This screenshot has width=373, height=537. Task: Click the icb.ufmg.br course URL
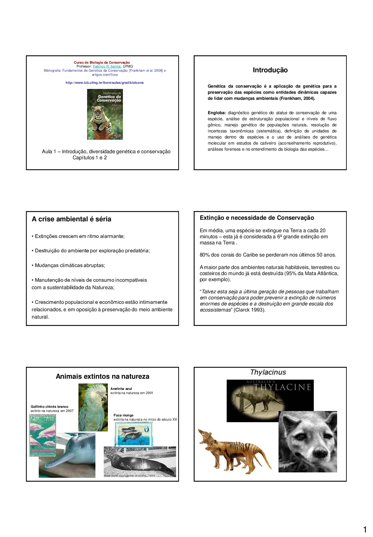pyautogui.click(x=104, y=83)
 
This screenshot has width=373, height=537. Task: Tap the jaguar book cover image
pyautogui.click(x=105, y=114)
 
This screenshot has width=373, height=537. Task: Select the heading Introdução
pyautogui.click(x=270, y=70)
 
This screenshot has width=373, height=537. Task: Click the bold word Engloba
pyautogui.click(x=216, y=113)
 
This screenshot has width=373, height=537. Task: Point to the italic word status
pyautogui.click(x=281, y=113)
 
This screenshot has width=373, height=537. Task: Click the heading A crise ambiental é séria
pyautogui.click(x=72, y=219)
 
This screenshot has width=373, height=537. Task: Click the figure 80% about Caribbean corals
pyautogui.click(x=205, y=255)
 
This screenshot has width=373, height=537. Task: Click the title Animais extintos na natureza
pyautogui.click(x=102, y=376)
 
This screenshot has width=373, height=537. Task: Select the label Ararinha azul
pyautogui.click(x=121, y=389)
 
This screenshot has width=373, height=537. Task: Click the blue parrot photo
pyautogui.click(x=93, y=407)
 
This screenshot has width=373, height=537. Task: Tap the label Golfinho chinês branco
pyautogui.click(x=49, y=407)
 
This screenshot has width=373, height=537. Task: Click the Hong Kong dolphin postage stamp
pyautogui.click(x=43, y=435)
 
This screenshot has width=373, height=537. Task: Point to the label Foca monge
pyautogui.click(x=123, y=415)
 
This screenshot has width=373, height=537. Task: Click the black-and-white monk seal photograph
pyautogui.click(x=140, y=462)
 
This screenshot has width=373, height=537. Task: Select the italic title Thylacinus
pyautogui.click(x=268, y=372)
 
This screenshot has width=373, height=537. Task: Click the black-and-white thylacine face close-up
pyautogui.click(x=308, y=441)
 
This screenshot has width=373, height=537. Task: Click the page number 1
pyautogui.click(x=365, y=530)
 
